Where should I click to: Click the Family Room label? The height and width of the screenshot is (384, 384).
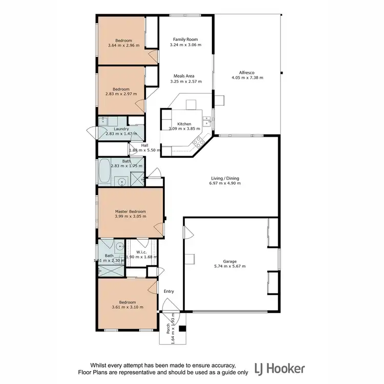coord(185,39)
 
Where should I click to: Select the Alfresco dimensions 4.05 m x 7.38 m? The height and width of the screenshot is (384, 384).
coord(247,78)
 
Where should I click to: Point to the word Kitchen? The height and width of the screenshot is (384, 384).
coord(184,124)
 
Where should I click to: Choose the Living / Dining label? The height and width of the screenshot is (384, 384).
coord(225,179)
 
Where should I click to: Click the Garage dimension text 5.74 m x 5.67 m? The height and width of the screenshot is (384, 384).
coord(230,266)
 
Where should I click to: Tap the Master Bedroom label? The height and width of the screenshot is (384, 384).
coord(131,211)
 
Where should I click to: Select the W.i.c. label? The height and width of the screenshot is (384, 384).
coord(142,251)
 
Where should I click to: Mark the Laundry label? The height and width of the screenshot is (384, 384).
coord(114,129)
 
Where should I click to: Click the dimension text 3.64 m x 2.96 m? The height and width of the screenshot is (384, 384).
coord(123,46)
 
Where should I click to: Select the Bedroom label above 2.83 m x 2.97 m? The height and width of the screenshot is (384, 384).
coord(121,89)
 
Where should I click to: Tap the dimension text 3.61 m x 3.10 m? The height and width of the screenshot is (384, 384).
coord(127,307)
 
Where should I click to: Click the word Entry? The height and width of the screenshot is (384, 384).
coord(169,291)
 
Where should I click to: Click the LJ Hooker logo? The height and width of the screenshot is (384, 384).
coord(276,368)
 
